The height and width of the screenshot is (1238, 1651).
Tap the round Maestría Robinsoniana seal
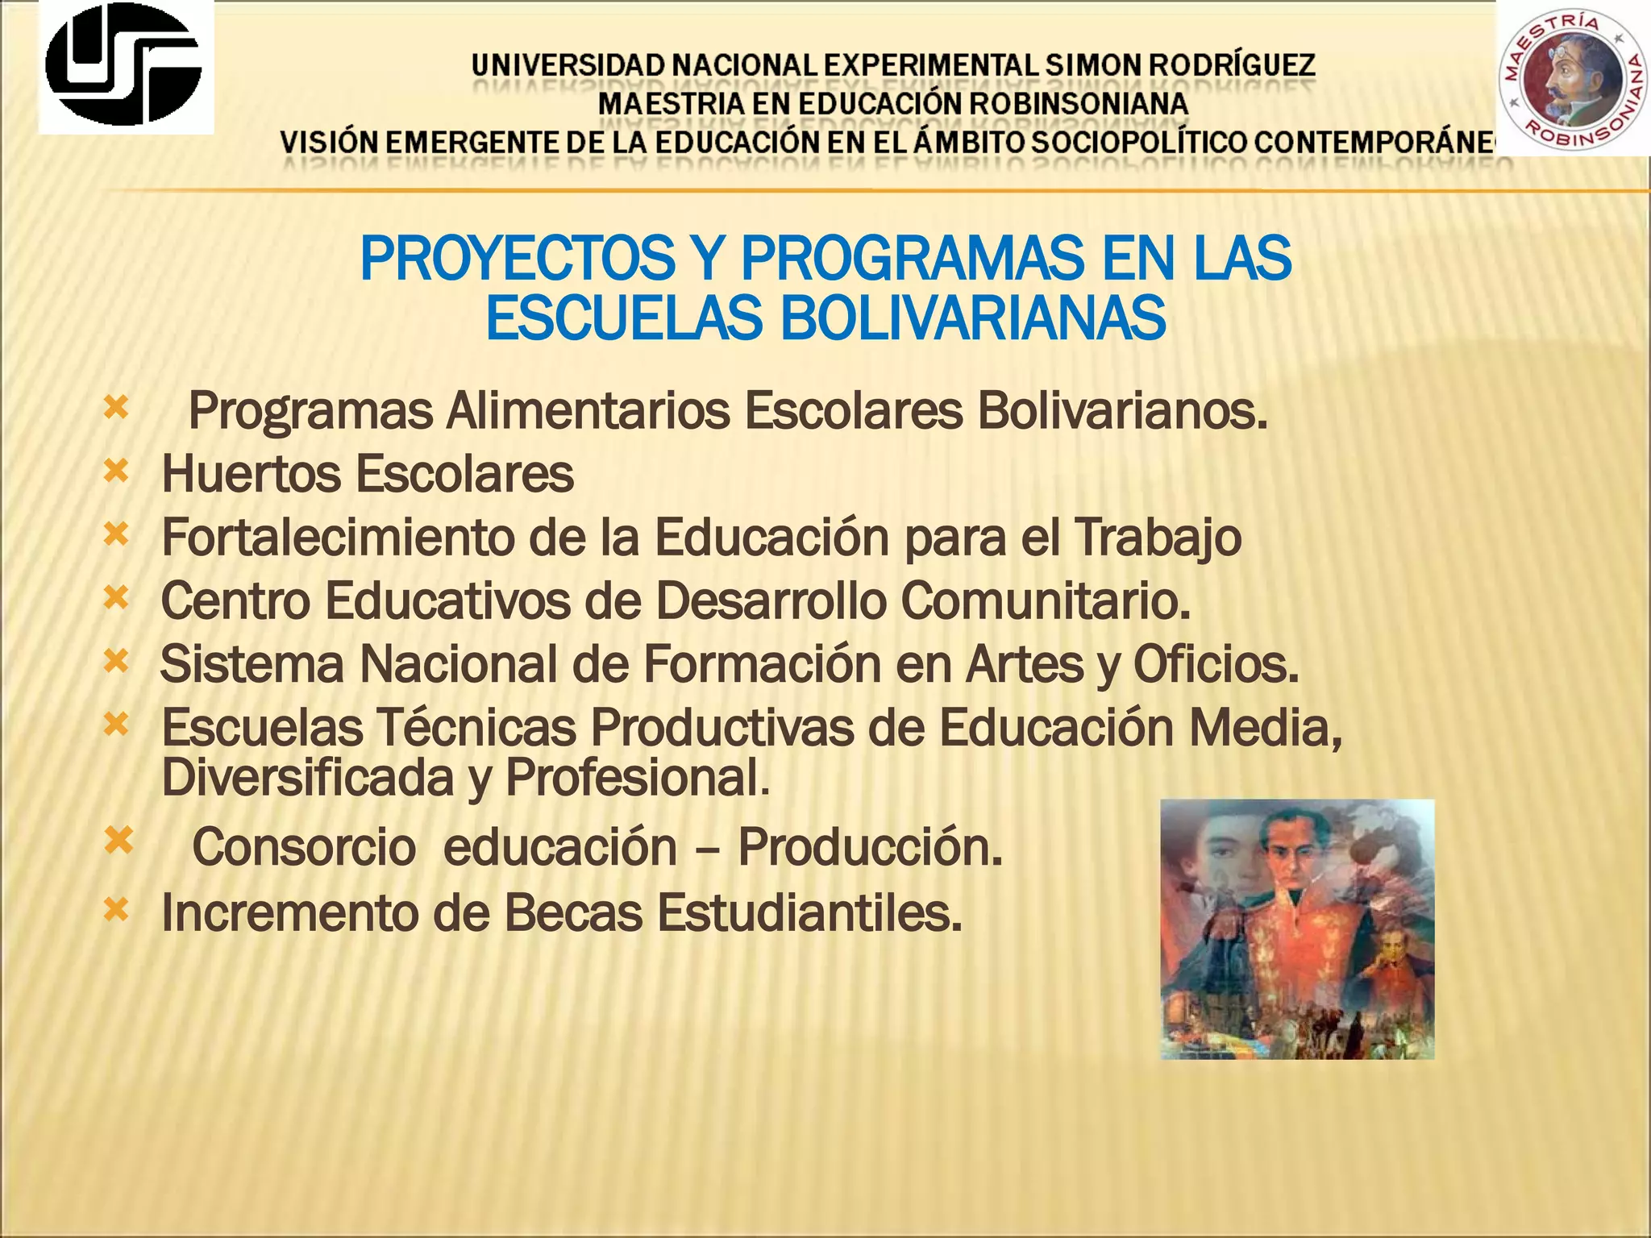pyautogui.click(x=1573, y=79)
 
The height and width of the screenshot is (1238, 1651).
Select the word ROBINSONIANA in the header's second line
pyautogui.click(x=1078, y=104)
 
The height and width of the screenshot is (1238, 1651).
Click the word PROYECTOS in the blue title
pyautogui.click(x=517, y=260)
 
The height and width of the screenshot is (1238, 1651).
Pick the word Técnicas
pyautogui.click(x=476, y=728)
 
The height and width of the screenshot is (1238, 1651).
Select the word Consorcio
pyautogui.click(x=304, y=848)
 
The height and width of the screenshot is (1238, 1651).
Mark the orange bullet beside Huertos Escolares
pyautogui.click(x=117, y=471)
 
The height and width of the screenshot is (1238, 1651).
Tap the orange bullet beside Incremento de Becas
pyautogui.click(x=117, y=910)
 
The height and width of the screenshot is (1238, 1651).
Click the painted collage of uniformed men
pyautogui.click(x=1297, y=928)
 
